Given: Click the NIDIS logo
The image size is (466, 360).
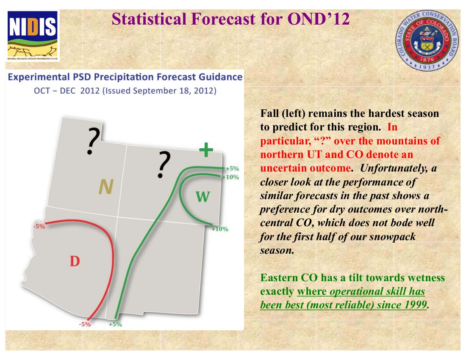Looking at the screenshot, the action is [x=33, y=35].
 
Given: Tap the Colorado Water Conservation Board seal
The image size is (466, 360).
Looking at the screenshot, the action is [x=427, y=40].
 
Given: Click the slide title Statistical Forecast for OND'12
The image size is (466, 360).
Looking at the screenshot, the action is [x=230, y=19].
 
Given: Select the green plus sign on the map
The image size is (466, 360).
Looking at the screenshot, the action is [x=206, y=150].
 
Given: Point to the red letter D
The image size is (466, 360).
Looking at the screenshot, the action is [x=75, y=261].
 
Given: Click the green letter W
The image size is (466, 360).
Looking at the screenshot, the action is [x=202, y=197].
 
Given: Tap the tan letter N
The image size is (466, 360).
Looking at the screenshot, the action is [x=106, y=187].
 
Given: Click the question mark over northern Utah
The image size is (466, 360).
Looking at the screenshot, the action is [x=93, y=141].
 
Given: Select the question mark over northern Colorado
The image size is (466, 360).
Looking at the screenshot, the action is [x=164, y=164].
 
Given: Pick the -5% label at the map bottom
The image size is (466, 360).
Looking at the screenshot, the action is [x=85, y=324].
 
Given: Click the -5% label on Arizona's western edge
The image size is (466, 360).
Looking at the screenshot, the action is [x=39, y=226].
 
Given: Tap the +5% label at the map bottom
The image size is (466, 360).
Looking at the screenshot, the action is [x=115, y=324].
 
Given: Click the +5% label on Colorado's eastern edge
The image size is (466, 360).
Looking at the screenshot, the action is [x=233, y=169].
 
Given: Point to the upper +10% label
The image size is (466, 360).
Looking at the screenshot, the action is [x=231, y=177].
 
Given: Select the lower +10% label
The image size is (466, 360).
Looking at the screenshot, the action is [x=220, y=229].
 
